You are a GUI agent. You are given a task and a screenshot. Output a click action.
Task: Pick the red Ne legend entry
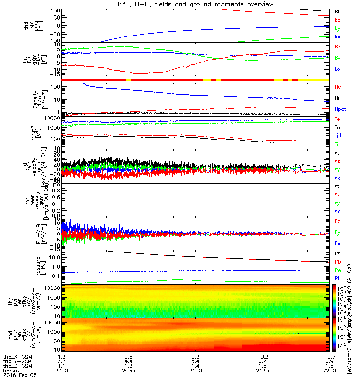pos(338,87)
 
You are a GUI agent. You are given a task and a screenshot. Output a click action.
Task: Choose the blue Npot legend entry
pos(339,109)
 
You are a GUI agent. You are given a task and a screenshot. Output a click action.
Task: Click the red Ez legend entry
pos(337,222)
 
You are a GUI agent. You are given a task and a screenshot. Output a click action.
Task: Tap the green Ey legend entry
pos(337,233)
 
